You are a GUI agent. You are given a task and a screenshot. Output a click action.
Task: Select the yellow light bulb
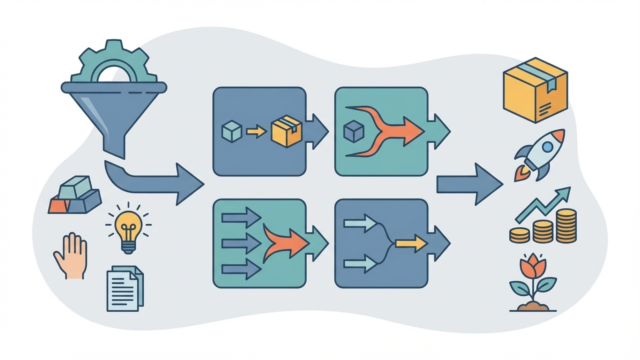pos(128,227)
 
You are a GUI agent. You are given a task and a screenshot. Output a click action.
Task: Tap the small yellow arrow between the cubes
pos(256,132)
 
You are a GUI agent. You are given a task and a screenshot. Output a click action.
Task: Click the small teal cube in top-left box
pos(232,131)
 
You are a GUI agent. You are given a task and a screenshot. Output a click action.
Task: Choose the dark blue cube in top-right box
pos(354,131)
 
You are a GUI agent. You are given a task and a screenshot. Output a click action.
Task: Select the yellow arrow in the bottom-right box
pos(411,243)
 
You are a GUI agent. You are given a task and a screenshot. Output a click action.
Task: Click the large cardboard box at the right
pos(535,90)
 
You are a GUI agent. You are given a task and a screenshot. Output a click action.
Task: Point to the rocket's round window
pos(548,147)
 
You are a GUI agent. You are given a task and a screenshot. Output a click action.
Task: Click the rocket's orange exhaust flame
pos(521,174)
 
